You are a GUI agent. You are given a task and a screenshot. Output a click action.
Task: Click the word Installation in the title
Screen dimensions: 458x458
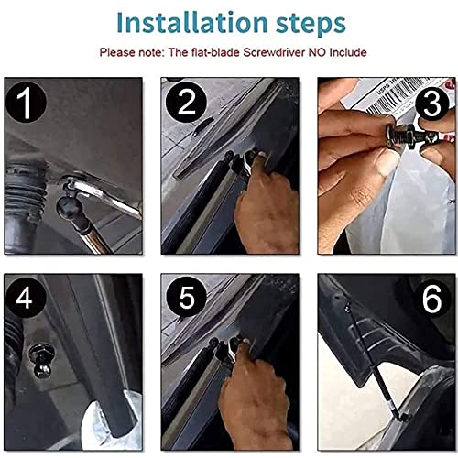pyautogui.click(x=192, y=22)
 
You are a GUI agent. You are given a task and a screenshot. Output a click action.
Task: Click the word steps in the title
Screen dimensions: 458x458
pyautogui.click(x=311, y=25)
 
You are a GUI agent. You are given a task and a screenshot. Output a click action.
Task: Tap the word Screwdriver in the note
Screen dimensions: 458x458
pyautogui.click(x=274, y=52)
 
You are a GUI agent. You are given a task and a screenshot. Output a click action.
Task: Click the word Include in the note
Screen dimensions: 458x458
pyautogui.click(x=348, y=52)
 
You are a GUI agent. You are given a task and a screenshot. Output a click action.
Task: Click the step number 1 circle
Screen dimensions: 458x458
pyautogui.click(x=26, y=103)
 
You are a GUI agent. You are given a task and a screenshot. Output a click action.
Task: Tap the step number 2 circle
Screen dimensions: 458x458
pyautogui.click(x=186, y=103)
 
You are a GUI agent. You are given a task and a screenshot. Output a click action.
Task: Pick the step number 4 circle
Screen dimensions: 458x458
pyautogui.click(x=25, y=298)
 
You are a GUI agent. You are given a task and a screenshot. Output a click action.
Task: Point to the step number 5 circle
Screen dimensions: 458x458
pyautogui.click(x=186, y=298)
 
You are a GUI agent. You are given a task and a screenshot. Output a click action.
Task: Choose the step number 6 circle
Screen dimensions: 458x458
pyautogui.click(x=431, y=299)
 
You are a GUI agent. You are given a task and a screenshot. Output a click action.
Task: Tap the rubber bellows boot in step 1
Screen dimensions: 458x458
pyautogui.click(x=25, y=190)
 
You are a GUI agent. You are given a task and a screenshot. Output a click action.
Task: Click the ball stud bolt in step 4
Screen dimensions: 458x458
pyautogui.click(x=42, y=360)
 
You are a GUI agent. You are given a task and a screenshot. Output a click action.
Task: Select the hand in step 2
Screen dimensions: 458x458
pyautogui.click(x=266, y=202)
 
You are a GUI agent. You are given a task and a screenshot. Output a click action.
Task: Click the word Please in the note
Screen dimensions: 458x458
pyautogui.click(x=117, y=52)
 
